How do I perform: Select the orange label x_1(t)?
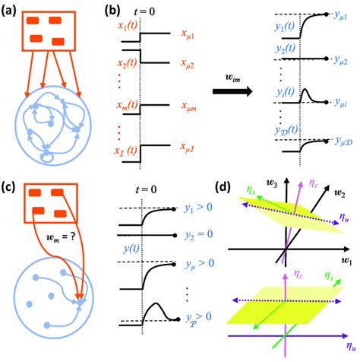click(130, 27)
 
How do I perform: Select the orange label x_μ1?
click(190, 33)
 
